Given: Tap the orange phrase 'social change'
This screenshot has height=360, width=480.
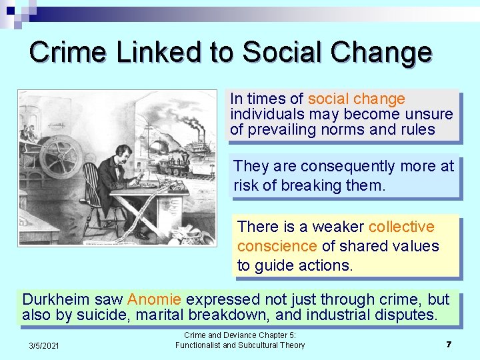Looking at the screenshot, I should pyautogui.click(x=356, y=99).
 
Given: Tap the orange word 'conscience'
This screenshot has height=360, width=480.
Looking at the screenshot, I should pyautogui.click(x=277, y=246).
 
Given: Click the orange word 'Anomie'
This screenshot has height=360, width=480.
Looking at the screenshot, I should pyautogui.click(x=154, y=299).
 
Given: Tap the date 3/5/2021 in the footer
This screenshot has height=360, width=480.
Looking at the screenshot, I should pyautogui.click(x=44, y=345).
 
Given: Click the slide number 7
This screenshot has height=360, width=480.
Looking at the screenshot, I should pyautogui.click(x=449, y=344).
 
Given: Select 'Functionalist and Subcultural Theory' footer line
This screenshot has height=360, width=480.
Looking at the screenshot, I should pyautogui.click(x=240, y=345).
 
